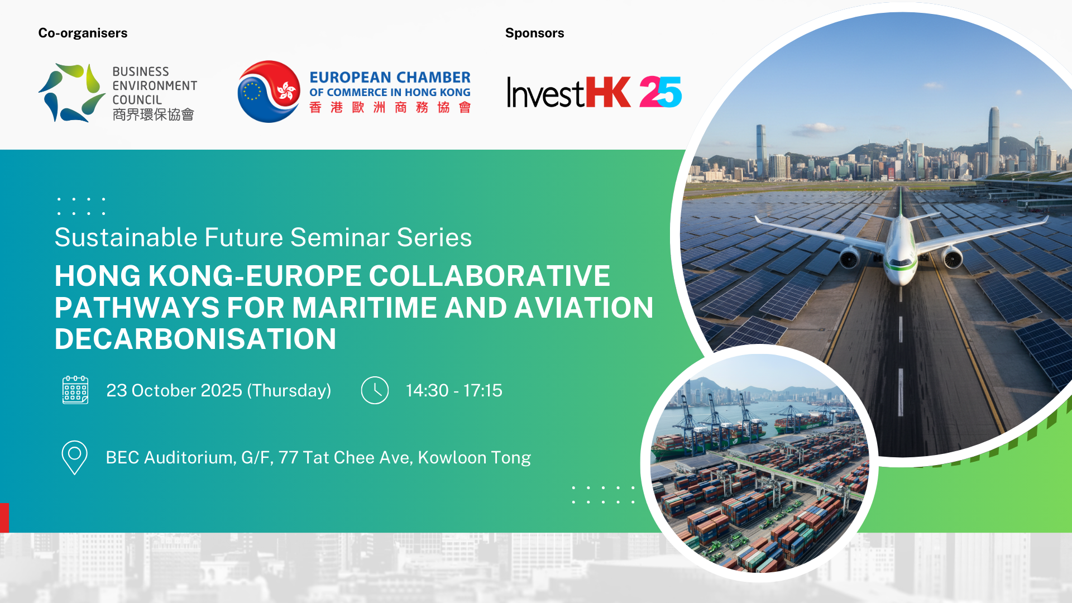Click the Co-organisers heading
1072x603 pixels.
(x=83, y=33)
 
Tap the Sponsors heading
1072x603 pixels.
(x=534, y=33)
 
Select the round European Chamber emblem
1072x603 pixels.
(x=269, y=92)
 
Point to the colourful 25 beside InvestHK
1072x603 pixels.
(x=661, y=92)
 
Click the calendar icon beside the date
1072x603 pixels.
(x=75, y=390)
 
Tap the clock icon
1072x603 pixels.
(x=375, y=390)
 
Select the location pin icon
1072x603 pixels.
(x=74, y=458)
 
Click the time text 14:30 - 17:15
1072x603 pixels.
(x=454, y=390)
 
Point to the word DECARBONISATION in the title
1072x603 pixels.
(x=195, y=339)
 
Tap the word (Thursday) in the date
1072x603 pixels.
(x=289, y=391)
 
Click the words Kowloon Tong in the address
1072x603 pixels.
(x=475, y=458)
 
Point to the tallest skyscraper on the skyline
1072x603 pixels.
(x=994, y=140)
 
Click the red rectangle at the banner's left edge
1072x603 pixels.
(x=4, y=518)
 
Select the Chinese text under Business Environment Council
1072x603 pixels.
(x=153, y=114)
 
